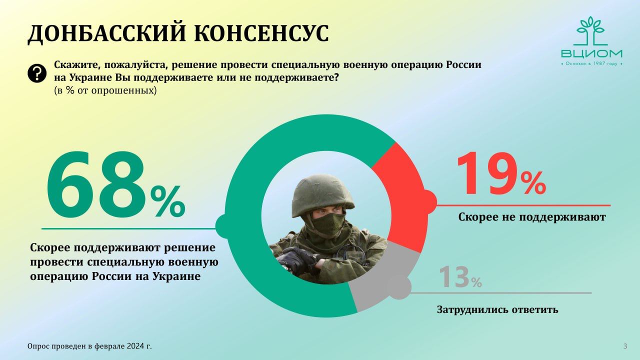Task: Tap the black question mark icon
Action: (37, 73)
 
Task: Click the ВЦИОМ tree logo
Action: (591, 41)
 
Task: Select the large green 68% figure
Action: (115, 184)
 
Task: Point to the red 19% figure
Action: (501, 174)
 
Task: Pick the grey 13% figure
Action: (460, 277)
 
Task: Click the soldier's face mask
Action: (328, 224)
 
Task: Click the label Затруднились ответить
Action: (497, 309)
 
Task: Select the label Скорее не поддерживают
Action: (532, 217)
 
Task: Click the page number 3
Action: (625, 346)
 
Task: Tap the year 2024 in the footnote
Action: (135, 346)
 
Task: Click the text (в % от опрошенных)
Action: (105, 90)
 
